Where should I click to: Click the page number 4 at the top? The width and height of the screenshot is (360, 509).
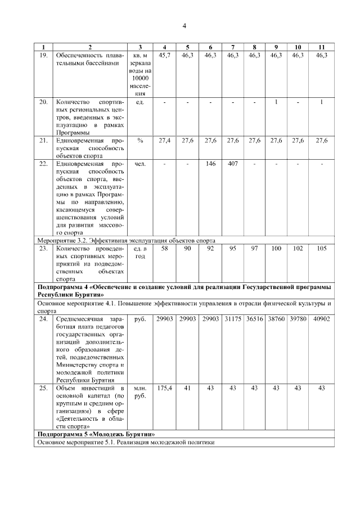pyautogui.click(x=184, y=26)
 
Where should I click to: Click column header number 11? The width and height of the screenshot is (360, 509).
pyautogui.click(x=321, y=47)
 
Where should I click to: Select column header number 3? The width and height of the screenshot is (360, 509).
pyautogui.click(x=140, y=47)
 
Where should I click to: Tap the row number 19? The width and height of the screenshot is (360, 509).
pyautogui.click(x=43, y=55)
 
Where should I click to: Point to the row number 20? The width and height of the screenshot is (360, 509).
pyautogui.click(x=43, y=102)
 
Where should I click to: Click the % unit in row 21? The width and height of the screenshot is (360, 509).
pyautogui.click(x=140, y=140)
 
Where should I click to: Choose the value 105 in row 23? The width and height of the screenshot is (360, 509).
pyautogui.click(x=321, y=248)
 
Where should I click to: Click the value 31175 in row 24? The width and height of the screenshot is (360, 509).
pyautogui.click(x=232, y=318)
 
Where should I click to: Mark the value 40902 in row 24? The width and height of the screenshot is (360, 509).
pyautogui.click(x=321, y=318)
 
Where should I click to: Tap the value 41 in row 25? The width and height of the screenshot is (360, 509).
pyautogui.click(x=188, y=388)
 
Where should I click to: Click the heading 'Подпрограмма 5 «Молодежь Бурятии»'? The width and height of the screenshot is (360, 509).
pyautogui.click(x=96, y=434)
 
